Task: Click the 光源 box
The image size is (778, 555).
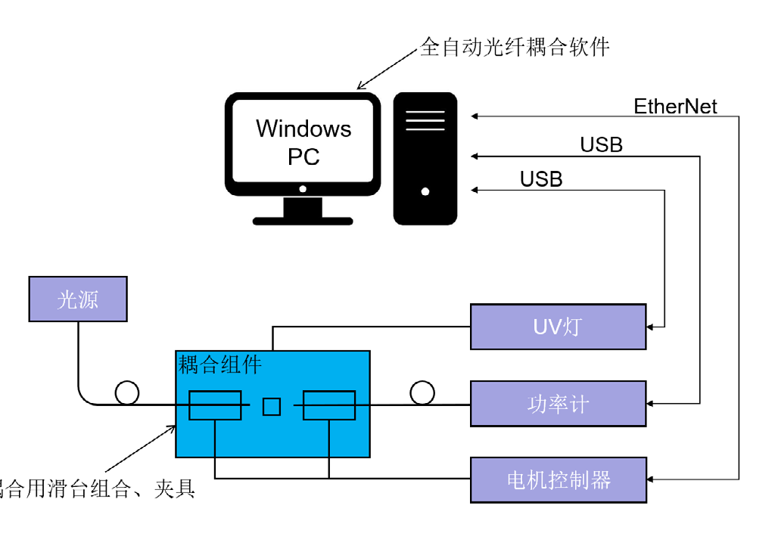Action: point(78,299)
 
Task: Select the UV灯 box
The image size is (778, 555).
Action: point(558,327)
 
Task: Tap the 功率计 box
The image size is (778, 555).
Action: point(558,404)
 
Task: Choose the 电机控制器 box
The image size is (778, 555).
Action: point(558,479)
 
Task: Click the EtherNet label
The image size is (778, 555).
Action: point(675,107)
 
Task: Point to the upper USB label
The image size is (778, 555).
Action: point(601,144)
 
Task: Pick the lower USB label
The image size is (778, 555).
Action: point(541,179)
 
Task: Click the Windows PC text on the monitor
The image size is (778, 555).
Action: point(303,142)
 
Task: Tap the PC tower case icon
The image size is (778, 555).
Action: point(425,158)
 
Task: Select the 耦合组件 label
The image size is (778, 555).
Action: point(219,365)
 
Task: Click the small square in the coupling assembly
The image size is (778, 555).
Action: point(272,406)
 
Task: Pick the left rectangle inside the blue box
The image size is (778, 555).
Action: point(215,405)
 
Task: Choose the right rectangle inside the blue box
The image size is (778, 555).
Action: point(329,405)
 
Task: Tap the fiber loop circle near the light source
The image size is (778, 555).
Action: point(127,392)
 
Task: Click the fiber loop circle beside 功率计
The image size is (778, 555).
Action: point(422,392)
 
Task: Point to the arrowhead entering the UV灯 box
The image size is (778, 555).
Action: point(650,327)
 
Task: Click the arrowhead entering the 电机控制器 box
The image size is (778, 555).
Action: point(650,479)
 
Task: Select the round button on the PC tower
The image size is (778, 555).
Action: point(425,191)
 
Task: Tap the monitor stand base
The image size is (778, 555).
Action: point(303,221)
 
